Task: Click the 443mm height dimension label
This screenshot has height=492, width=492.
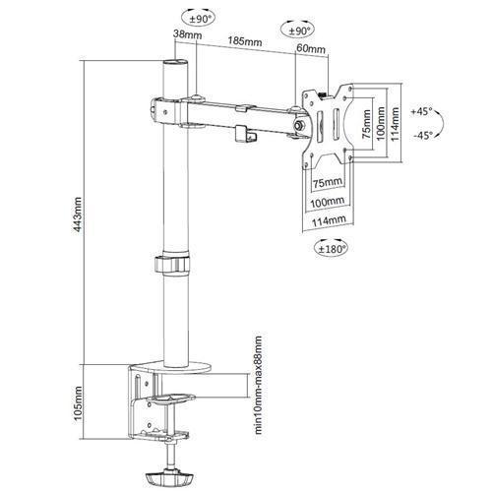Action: [78, 215]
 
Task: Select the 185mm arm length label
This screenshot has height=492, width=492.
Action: [245, 41]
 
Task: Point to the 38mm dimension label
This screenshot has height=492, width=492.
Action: [187, 34]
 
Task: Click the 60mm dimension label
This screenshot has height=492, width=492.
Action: [311, 48]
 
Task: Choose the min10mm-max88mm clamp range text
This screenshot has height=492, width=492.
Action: [259, 385]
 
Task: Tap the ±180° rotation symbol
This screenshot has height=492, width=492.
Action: [331, 248]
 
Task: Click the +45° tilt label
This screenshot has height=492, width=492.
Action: [422, 111]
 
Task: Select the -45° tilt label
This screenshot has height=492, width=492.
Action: [423, 135]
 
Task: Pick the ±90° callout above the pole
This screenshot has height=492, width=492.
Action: [199, 18]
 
